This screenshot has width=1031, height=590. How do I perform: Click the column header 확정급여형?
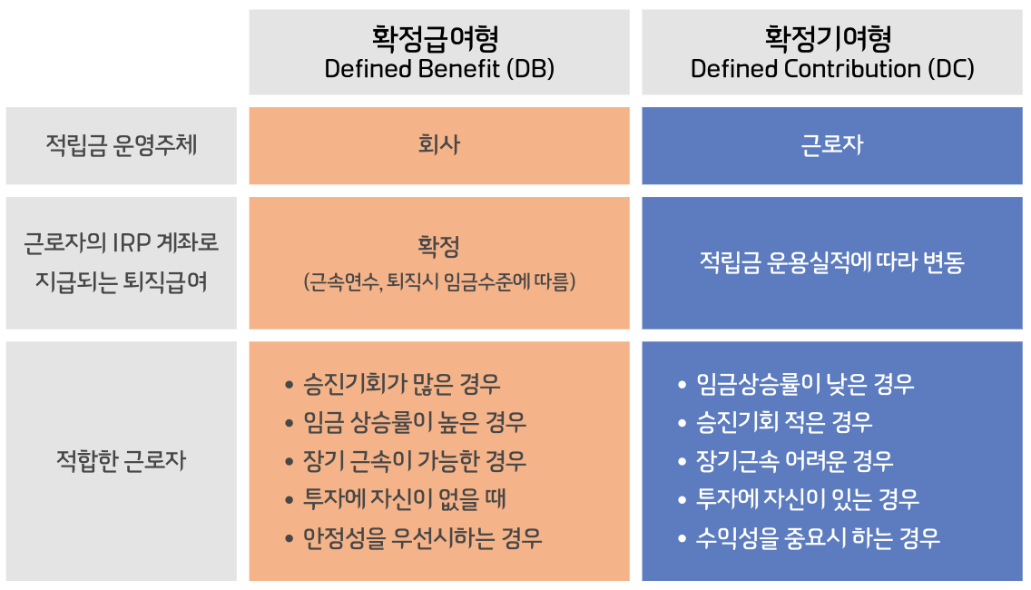(438, 38)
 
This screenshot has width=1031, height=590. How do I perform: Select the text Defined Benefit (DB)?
(439, 69)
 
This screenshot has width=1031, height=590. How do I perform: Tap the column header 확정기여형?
(832, 38)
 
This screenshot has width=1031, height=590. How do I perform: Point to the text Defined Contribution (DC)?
(832, 69)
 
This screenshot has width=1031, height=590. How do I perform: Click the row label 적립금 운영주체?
(121, 146)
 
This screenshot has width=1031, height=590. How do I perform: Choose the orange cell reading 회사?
(439, 145)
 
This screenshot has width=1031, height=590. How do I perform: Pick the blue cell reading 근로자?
(832, 145)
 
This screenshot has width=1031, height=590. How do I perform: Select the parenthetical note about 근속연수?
(439, 282)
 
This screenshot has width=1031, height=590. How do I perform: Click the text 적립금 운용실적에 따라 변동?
(832, 262)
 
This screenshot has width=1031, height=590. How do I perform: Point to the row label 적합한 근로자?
(121, 460)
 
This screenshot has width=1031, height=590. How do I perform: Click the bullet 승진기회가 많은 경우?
(402, 383)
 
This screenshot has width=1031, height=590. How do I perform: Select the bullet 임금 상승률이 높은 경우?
(415, 422)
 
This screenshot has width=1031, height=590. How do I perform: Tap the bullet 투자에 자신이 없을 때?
(405, 499)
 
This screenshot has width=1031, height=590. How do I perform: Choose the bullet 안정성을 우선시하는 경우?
(423, 538)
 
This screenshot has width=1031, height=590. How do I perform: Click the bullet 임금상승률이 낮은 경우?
(805, 383)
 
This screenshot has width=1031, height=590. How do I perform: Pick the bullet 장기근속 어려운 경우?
(794, 460)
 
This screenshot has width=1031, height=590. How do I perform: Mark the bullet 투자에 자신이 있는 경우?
(808, 499)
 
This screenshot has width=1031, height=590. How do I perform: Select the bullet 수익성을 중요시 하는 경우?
(818, 538)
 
